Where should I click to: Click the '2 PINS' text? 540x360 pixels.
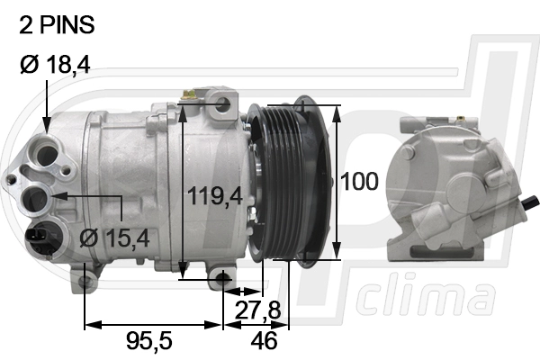click(56, 26)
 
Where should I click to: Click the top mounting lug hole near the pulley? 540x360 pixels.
click(222, 107)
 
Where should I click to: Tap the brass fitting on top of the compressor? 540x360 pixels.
click(190, 93)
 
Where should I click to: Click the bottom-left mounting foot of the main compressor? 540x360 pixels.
click(86, 283)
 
